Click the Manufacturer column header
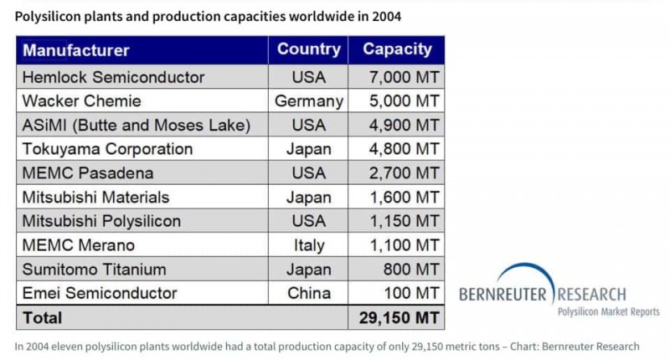point(76,49)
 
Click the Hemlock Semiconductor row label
point(114,77)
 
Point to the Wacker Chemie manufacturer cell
point(82,101)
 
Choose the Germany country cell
point(308,101)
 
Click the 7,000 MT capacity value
point(405,77)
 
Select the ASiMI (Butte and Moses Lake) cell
point(137,126)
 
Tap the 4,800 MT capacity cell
point(405,149)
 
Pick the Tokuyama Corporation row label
point(108,149)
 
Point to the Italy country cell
point(308,245)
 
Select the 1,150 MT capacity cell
point(405,221)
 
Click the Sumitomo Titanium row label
point(95,270)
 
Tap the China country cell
point(308,293)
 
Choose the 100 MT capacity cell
point(410,293)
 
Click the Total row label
point(43,318)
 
